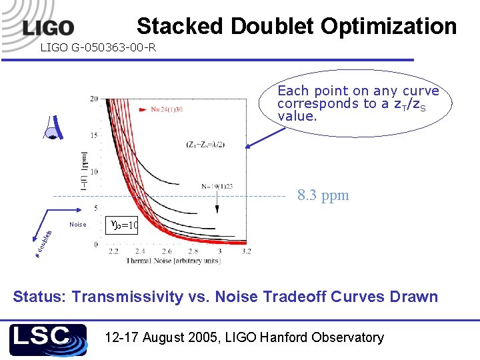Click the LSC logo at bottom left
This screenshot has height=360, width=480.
tap(47, 339)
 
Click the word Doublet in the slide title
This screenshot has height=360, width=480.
tap(273, 26)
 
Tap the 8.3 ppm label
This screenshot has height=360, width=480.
tap(323, 196)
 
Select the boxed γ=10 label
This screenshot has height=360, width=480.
tap(123, 225)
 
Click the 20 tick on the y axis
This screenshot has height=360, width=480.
tap(94, 99)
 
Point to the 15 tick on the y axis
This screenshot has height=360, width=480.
tap(94, 135)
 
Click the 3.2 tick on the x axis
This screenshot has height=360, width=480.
tap(246, 251)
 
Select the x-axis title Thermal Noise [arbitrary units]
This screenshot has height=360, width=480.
tap(174, 261)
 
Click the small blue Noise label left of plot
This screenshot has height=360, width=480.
tap(78, 225)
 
